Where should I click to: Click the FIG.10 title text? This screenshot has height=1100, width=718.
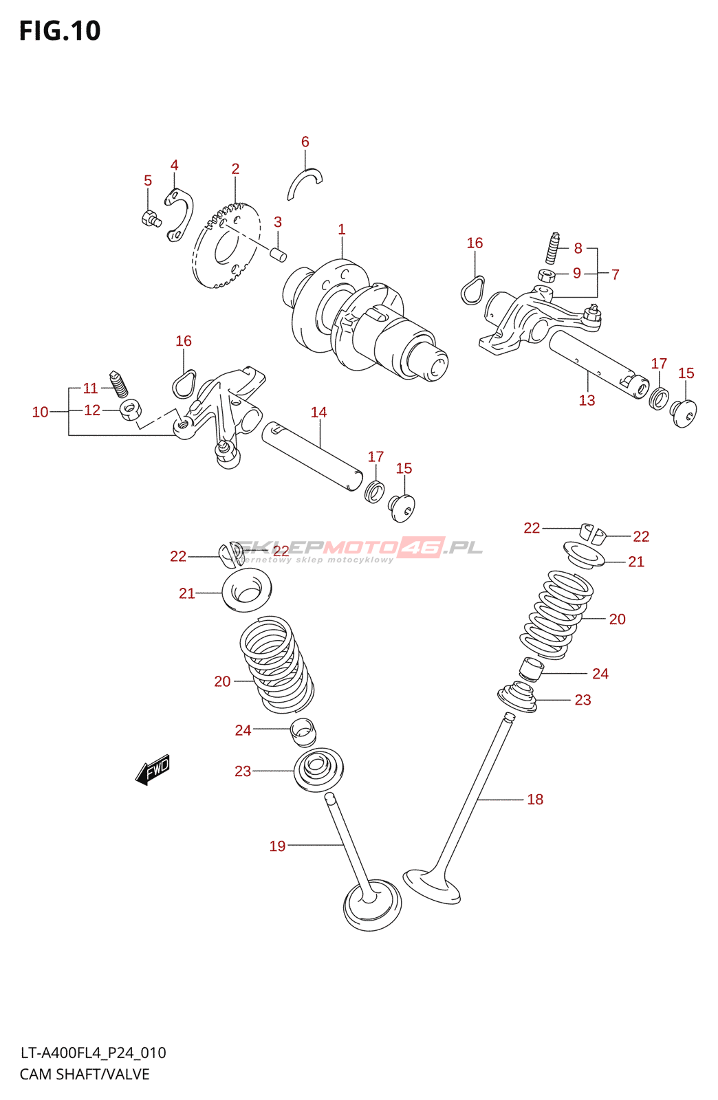pyautogui.click(x=60, y=31)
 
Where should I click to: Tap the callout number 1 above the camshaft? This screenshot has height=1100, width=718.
pyautogui.click(x=342, y=230)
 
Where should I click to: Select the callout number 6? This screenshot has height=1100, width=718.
pyautogui.click(x=305, y=142)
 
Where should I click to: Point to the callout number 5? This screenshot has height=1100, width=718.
pyautogui.click(x=148, y=181)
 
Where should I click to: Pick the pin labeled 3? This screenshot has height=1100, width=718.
pyautogui.click(x=279, y=254)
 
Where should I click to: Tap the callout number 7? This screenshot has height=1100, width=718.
pyautogui.click(x=616, y=274)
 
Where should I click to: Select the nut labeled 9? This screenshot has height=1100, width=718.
pyautogui.click(x=546, y=276)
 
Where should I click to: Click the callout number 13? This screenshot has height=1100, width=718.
pyautogui.click(x=587, y=400)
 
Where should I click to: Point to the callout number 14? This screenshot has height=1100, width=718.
pyautogui.click(x=318, y=412)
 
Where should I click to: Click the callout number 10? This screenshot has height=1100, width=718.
pyautogui.click(x=41, y=412)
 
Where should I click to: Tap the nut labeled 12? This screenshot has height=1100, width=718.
pyautogui.click(x=130, y=410)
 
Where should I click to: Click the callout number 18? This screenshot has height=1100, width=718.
pyautogui.click(x=535, y=799)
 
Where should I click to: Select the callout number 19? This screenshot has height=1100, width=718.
pyautogui.click(x=277, y=846)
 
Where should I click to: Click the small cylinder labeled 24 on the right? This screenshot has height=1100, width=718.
pyautogui.click(x=530, y=668)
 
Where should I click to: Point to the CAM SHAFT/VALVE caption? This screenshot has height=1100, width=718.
pyautogui.click(x=85, y=1074)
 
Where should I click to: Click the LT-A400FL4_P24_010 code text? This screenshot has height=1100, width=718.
pyautogui.click(x=93, y=1053)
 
